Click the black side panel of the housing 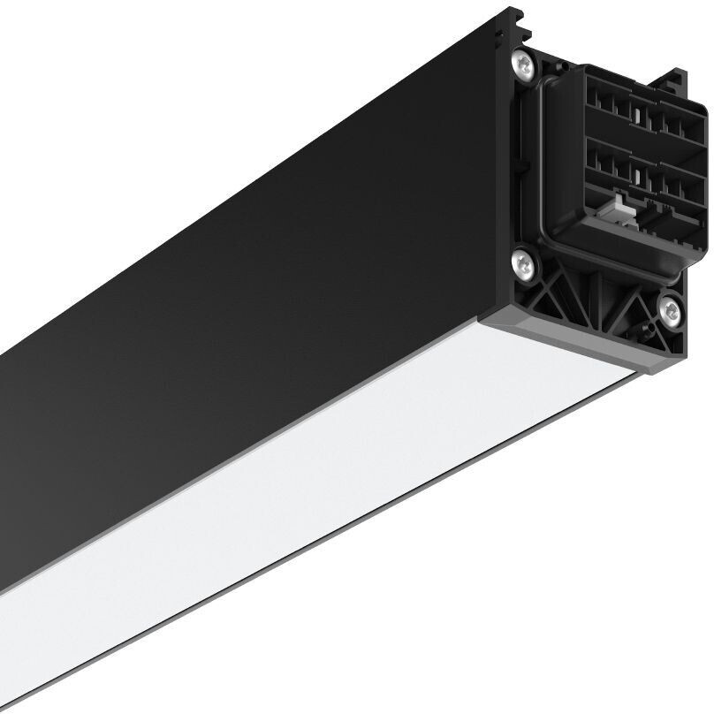click(x=265, y=265)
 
